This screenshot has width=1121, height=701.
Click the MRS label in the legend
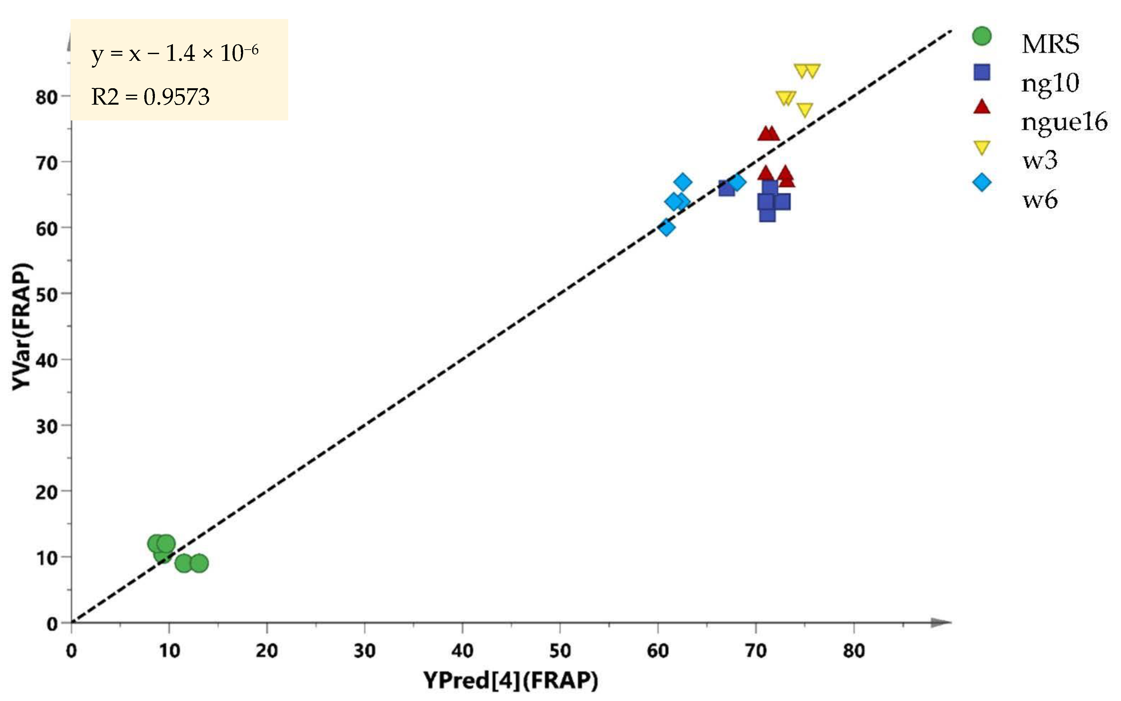(1050, 44)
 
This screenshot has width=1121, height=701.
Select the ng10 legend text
(1050, 83)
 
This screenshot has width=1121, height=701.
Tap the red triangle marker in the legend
(982, 108)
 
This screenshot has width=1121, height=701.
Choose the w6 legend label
(1040, 200)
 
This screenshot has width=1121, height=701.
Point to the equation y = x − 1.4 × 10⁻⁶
(175, 54)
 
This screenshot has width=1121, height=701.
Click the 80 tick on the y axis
(46, 97)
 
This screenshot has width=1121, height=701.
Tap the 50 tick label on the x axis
(560, 651)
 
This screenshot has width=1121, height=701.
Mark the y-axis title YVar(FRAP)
(22, 327)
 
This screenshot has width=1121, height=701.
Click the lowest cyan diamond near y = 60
(667, 228)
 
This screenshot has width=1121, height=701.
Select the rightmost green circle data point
(199, 563)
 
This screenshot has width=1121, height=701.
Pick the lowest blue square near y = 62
(767, 215)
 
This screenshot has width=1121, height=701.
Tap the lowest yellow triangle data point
(805, 110)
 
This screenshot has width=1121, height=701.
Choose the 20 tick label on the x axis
(267, 651)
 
